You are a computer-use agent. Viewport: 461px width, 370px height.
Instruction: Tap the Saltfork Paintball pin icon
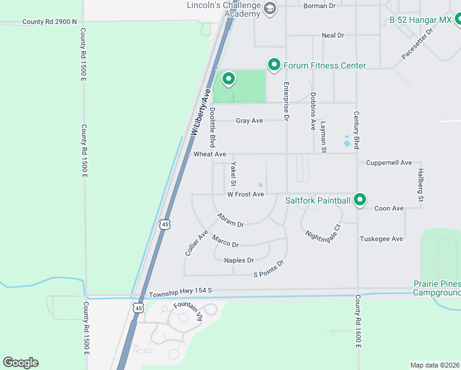click(360, 200)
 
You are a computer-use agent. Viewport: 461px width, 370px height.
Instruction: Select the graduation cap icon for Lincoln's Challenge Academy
click(269, 9)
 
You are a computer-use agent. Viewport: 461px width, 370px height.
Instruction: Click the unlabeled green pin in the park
click(229, 78)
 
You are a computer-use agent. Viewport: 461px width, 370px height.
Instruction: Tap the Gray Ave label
click(249, 121)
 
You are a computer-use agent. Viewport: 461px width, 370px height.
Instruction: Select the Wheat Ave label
click(210, 154)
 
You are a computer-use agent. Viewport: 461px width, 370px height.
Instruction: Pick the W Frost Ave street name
click(245, 194)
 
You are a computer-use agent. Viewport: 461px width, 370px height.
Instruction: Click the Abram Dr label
click(230, 220)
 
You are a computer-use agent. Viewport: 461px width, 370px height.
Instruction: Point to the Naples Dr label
click(239, 260)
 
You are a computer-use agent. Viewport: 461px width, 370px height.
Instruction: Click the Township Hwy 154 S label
click(181, 290)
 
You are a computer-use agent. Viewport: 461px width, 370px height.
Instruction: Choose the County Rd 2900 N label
click(49, 22)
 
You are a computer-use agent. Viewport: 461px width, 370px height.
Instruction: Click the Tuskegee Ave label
click(381, 239)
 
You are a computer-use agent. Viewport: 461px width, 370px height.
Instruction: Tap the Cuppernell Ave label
click(388, 163)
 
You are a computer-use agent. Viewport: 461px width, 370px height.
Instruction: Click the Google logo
click(20, 363)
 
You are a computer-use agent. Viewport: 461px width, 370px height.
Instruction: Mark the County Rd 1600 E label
click(357, 321)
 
